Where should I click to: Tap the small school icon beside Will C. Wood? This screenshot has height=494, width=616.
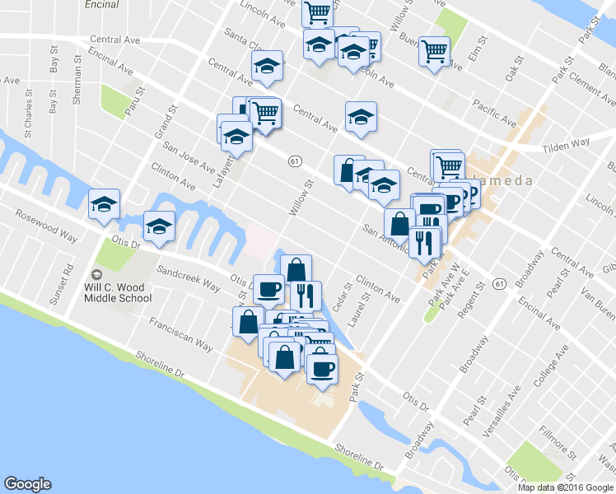pos(97,274)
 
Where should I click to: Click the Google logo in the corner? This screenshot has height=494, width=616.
pos(27,484)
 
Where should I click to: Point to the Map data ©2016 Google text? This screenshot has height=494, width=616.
pos(566,487)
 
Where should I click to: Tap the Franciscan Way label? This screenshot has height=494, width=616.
pos(181,335)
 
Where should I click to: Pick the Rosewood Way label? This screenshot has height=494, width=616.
pos(46,226)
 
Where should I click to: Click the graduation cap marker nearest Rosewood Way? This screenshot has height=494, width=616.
pos(105,204)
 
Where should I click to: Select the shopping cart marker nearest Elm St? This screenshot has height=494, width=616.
pos(434,51)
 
